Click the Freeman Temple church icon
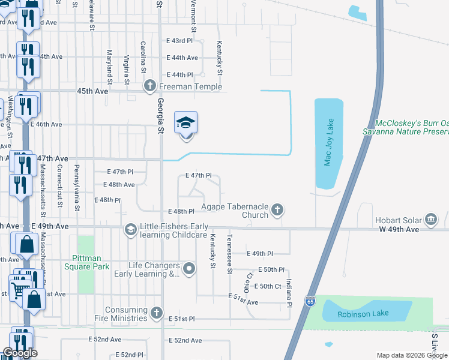[149, 86]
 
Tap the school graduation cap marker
[186, 124]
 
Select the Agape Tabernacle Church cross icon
[277, 209]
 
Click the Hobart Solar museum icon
[430, 220]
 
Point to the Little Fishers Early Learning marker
[130, 229]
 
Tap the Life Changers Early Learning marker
[190, 269]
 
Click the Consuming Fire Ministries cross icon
[156, 313]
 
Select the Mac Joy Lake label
[328, 142]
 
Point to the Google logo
[20, 353]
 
